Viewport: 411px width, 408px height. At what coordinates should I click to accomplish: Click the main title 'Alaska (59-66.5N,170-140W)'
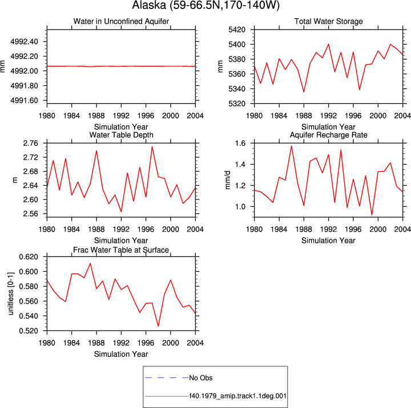coord(205,5)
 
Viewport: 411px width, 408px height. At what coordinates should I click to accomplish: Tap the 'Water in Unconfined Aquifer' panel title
coord(121,21)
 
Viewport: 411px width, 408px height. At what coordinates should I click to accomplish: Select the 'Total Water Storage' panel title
coord(328,21)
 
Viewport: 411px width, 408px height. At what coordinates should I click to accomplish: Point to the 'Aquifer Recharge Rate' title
coord(328,135)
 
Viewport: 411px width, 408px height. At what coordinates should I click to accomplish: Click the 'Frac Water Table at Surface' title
coord(121,250)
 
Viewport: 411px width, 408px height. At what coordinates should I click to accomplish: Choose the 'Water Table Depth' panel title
coord(121,135)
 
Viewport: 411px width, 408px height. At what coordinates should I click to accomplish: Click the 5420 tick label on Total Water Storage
coord(237,30)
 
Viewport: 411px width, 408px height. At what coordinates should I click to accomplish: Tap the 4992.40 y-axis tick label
coord(24,42)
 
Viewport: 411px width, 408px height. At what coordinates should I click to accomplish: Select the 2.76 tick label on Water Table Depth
coord(30,143)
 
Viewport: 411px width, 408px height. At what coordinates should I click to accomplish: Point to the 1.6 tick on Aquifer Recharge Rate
coord(240,143)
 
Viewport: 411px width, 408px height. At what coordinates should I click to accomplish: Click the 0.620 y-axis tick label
coord(29,257)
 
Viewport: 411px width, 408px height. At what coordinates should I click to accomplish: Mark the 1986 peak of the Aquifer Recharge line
coord(292,146)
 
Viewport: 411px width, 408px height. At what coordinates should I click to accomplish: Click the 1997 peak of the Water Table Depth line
coord(152,146)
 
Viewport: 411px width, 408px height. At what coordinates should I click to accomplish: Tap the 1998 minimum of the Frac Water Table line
coord(158,326)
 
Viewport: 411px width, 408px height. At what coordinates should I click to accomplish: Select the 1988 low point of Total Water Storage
coord(304,92)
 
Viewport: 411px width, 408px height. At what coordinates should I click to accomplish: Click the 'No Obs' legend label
coord(201,378)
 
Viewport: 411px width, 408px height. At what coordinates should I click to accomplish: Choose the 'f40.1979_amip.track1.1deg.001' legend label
coord(237,396)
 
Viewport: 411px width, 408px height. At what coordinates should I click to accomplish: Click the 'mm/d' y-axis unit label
coord(228,180)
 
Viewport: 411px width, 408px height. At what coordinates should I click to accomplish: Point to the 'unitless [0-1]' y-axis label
coord(10,293)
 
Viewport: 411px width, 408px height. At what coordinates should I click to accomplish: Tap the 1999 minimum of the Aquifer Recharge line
coord(372,215)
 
